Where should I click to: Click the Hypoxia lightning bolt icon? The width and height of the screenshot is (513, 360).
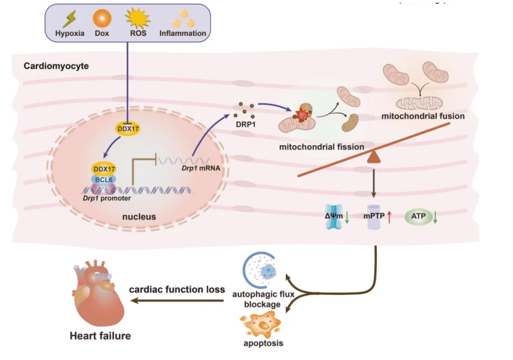click(x=70, y=19)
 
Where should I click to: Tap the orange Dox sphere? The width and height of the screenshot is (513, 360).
click(x=102, y=19)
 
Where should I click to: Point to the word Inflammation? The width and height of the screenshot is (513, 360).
click(x=182, y=33)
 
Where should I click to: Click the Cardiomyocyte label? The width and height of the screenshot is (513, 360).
click(x=56, y=66)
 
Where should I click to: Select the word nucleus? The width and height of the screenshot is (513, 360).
click(x=139, y=217)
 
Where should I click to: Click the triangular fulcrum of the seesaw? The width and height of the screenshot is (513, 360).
click(x=374, y=158)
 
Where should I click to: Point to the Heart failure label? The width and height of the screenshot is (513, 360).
click(x=100, y=336)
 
